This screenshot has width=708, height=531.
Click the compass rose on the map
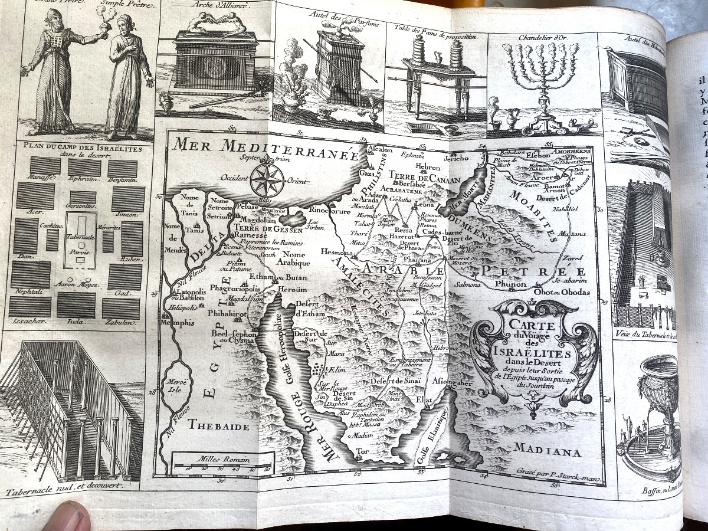click(x=267, y=179)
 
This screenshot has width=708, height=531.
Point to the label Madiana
click(x=547, y=451)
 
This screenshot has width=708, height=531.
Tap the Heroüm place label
click(x=293, y=291)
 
